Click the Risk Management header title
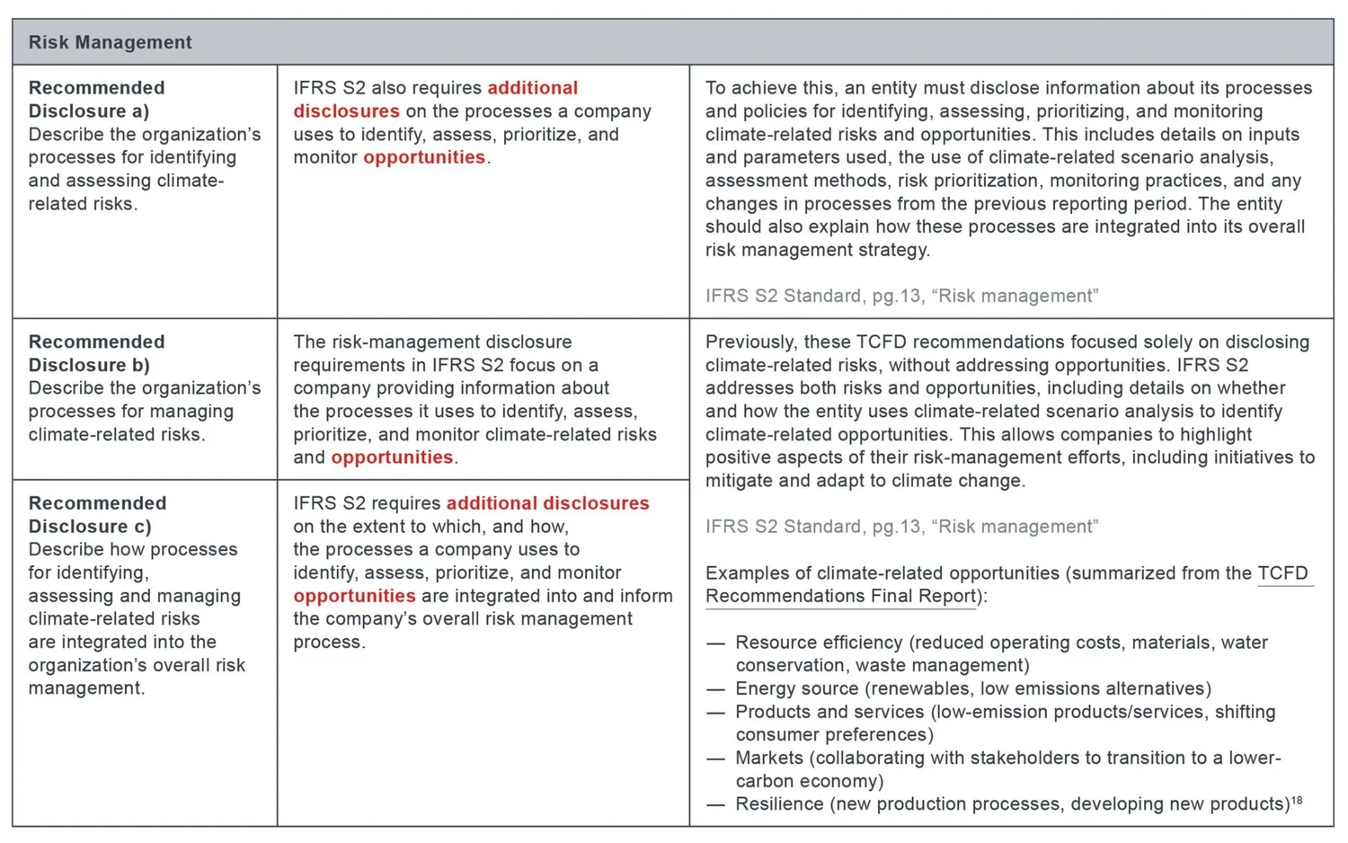pyautogui.click(x=110, y=42)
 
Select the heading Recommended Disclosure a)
pyautogui.click(x=96, y=99)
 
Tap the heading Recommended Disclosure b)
pyautogui.click(x=96, y=353)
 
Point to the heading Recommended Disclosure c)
pyautogui.click(x=96, y=514)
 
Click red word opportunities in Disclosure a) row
pyautogui.click(x=423, y=157)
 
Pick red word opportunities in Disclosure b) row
pyautogui.click(x=392, y=457)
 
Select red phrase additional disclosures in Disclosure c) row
pyautogui.click(x=547, y=503)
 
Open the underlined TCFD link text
pyautogui.click(x=1282, y=573)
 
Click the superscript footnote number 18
pyautogui.click(x=1297, y=800)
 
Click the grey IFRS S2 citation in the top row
pyautogui.click(x=900, y=296)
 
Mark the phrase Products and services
pyautogui.click(x=829, y=712)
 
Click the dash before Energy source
pyautogui.click(x=715, y=689)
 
